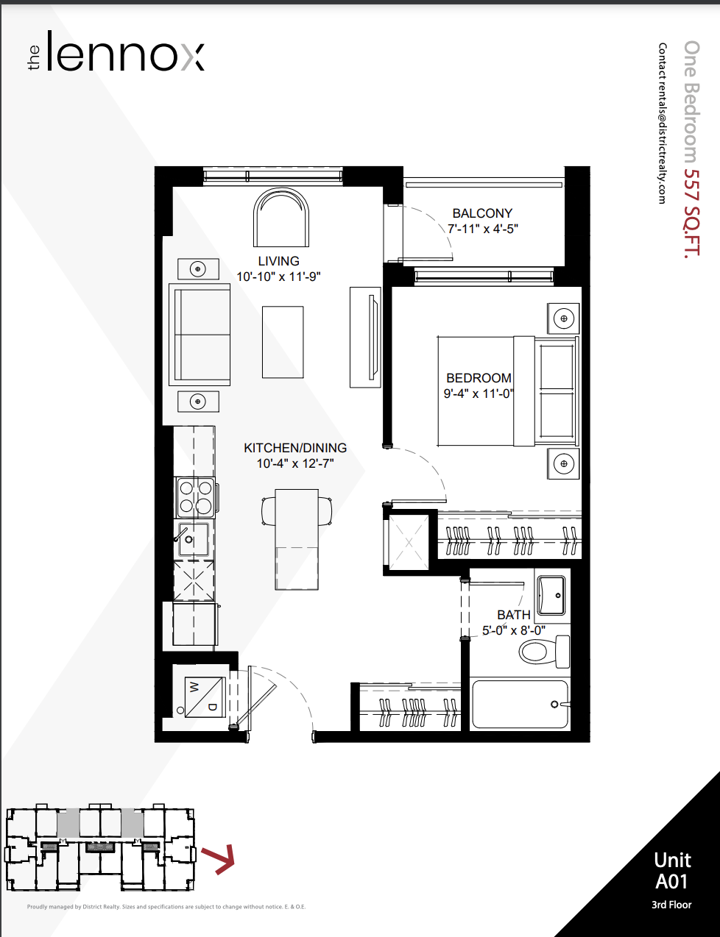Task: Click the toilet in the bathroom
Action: [x=544, y=652]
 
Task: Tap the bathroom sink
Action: [x=551, y=596]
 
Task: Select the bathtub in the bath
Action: [x=520, y=704]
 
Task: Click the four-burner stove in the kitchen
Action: [x=196, y=497]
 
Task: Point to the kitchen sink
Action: [x=193, y=538]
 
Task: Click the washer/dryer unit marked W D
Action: [x=205, y=696]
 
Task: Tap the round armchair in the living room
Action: [x=281, y=218]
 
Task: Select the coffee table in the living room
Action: [x=283, y=342]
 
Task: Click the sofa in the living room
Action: [x=200, y=335]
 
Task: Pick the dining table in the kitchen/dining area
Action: [x=297, y=539]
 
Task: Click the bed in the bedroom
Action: [x=508, y=391]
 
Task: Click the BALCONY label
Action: [x=482, y=213]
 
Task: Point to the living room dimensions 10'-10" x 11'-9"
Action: [x=278, y=277]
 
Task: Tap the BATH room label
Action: [x=514, y=614]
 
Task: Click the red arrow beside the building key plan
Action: [x=219, y=859]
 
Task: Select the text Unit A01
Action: [x=672, y=871]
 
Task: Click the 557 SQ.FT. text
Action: [x=691, y=213]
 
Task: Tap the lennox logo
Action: [x=116, y=51]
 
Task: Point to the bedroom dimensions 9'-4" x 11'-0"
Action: [x=479, y=393]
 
